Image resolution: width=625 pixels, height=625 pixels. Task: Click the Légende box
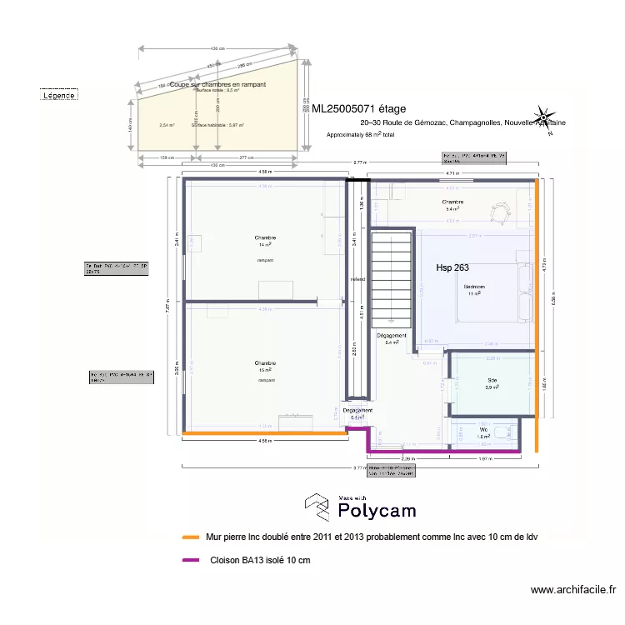tap(59, 96)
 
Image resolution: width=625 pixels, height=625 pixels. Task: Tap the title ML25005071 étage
tap(359, 108)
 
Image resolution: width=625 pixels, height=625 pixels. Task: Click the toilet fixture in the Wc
tap(502, 434)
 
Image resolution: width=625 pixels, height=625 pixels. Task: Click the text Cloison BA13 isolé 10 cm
tap(260, 560)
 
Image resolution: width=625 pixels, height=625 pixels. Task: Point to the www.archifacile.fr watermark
tap(572, 590)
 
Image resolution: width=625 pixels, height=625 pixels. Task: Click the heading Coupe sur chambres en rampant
tap(218, 85)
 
